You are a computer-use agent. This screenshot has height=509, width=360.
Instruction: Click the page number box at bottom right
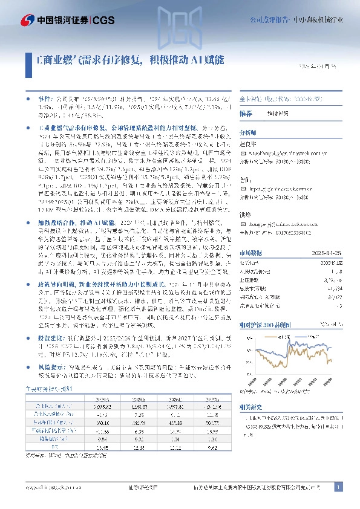(x=339, y=487)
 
